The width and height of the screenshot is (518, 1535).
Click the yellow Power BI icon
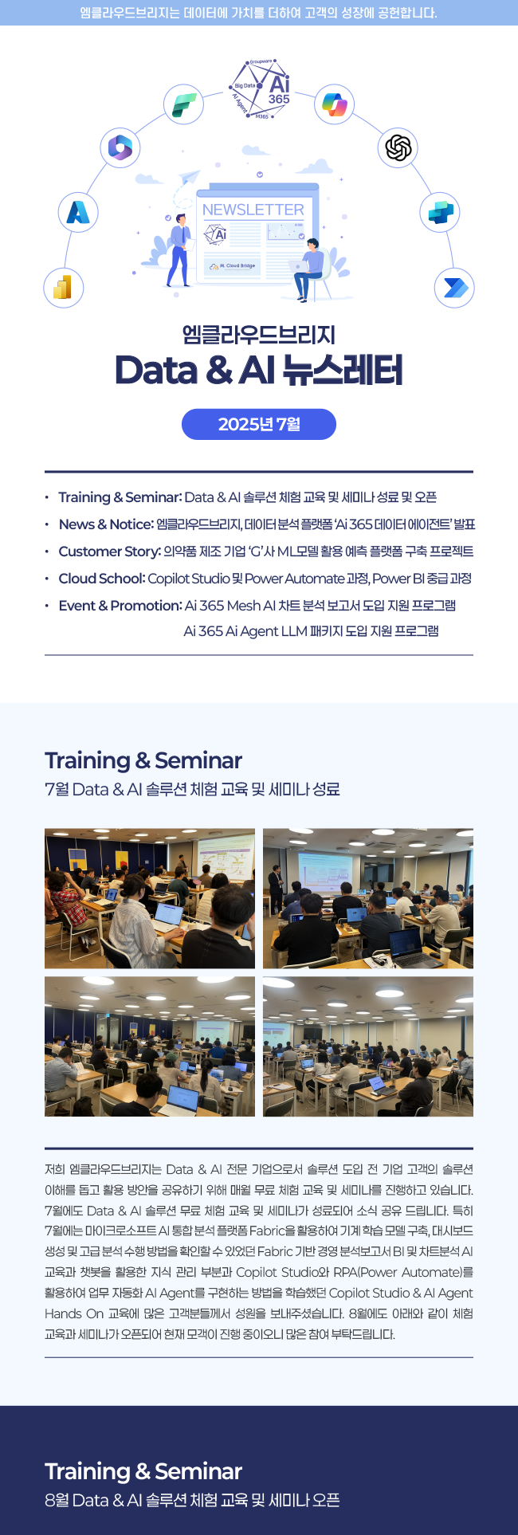click(x=63, y=287)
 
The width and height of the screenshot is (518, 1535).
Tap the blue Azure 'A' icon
click(x=78, y=212)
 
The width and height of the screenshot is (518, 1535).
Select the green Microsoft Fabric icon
click(x=184, y=104)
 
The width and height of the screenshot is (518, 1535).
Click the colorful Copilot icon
click(x=334, y=104)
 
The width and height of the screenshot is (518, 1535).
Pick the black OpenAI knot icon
click(x=398, y=147)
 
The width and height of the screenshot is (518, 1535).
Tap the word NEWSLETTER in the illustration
click(x=253, y=210)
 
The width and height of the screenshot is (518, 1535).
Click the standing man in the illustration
click(x=181, y=249)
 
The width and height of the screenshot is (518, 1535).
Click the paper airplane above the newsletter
click(x=190, y=176)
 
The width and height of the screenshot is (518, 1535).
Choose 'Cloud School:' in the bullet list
click(x=101, y=579)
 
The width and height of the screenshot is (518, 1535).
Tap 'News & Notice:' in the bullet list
click(x=106, y=524)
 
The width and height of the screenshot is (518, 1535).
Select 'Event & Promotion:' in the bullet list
click(x=120, y=606)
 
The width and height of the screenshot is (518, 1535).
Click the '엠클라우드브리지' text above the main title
click(x=259, y=334)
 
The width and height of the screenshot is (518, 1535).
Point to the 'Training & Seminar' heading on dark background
click(x=143, y=1471)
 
